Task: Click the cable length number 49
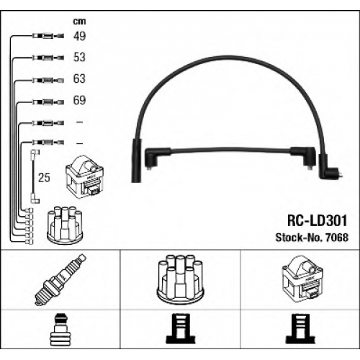click(79, 36)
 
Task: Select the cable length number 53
click(79, 57)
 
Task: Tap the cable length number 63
click(79, 78)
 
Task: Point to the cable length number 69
click(79, 100)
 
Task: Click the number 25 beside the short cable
click(44, 178)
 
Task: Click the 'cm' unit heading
click(79, 22)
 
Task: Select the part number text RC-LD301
click(318, 220)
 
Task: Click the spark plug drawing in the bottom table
click(60, 280)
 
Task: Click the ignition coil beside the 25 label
click(85, 177)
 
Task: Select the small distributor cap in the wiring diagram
click(65, 225)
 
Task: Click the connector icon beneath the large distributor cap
click(181, 328)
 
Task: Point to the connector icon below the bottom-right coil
click(300, 328)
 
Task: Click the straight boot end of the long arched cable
click(137, 161)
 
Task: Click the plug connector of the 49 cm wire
click(48, 36)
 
